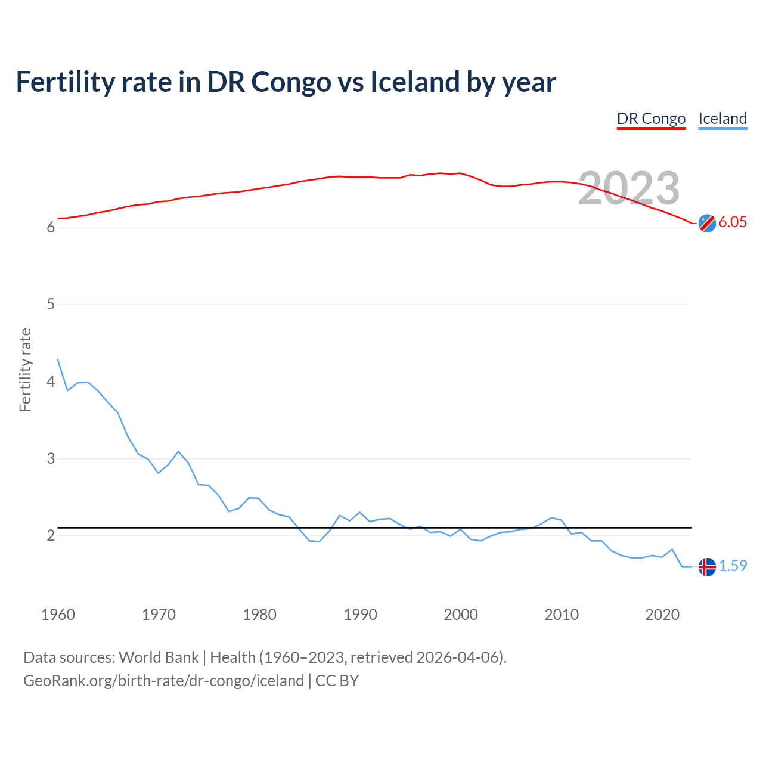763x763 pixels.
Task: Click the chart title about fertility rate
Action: coord(286,82)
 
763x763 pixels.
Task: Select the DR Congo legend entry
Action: coord(651,119)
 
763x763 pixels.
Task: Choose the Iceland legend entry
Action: coord(722,119)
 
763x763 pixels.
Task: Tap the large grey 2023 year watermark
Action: coord(629,188)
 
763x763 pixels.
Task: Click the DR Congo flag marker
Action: coord(707,223)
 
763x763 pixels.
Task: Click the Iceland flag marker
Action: coord(707,566)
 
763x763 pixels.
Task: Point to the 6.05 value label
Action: coord(733,222)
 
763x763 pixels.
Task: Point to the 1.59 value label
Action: coord(733,566)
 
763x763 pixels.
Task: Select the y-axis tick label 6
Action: coord(51,228)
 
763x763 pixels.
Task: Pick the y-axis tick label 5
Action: coord(51,305)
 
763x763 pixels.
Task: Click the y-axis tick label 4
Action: coord(51,381)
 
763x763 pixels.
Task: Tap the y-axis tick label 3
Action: coord(51,458)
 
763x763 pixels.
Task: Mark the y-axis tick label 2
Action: coord(51,535)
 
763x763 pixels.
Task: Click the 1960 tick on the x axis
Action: coord(58,615)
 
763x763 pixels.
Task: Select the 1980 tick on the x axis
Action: coord(259,615)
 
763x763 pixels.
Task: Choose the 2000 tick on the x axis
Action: coord(461,615)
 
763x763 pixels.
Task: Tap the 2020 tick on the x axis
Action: coord(662,615)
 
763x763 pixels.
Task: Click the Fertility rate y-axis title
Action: coord(25,370)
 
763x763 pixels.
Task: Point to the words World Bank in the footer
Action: coord(159,657)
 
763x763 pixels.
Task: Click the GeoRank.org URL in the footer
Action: coord(163,681)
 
